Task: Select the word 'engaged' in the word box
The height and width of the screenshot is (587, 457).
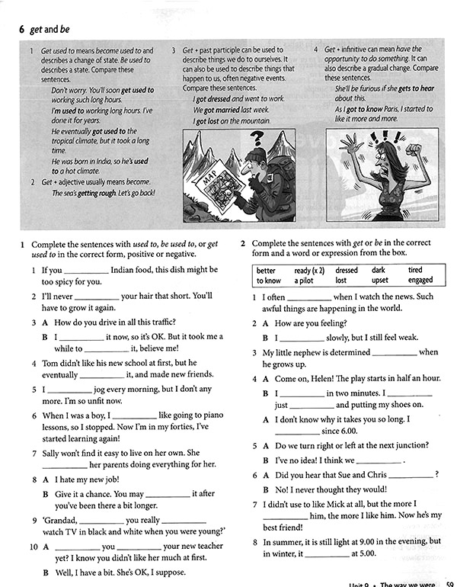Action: click(420, 281)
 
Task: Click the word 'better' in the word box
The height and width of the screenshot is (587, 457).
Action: click(266, 270)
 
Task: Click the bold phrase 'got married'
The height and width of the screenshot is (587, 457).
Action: click(225, 110)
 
